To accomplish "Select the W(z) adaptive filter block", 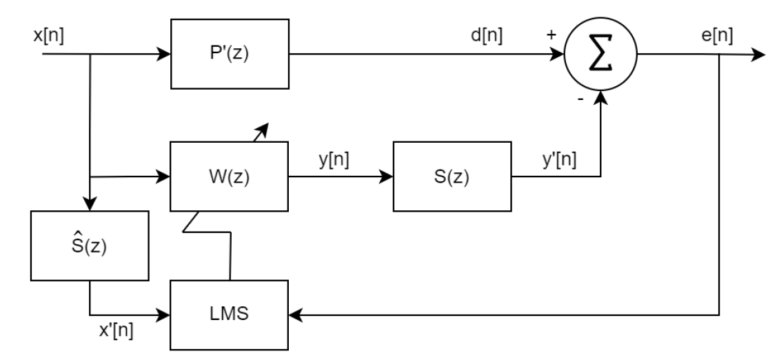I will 229,177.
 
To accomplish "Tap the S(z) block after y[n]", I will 452,177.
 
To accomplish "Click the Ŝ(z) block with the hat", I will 90,245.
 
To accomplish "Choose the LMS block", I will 229,315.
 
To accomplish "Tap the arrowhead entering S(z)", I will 388,177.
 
